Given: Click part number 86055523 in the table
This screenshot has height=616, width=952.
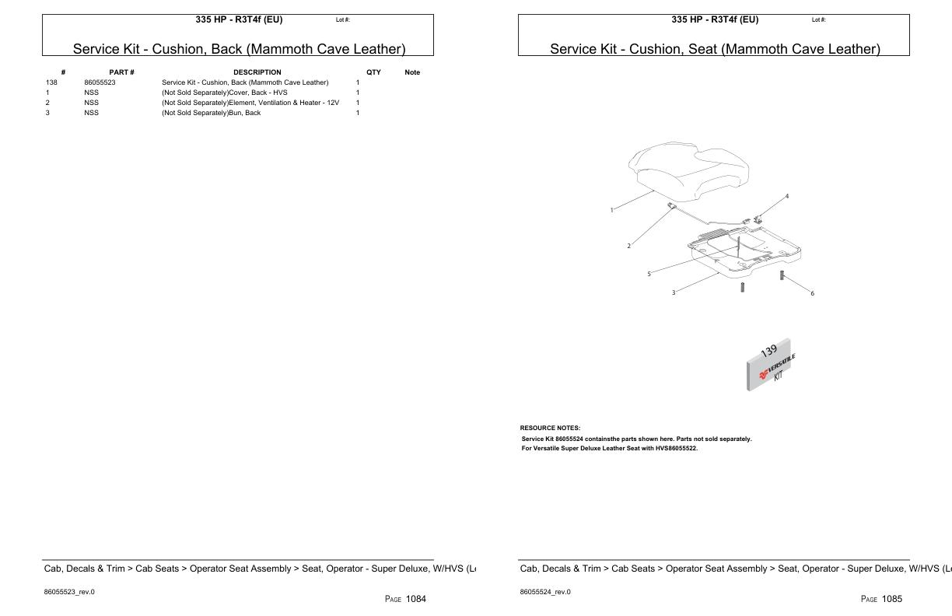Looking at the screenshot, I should tap(100, 82).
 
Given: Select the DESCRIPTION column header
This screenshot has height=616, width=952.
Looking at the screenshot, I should tap(257, 72).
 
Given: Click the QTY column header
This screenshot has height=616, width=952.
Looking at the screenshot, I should tap(373, 72).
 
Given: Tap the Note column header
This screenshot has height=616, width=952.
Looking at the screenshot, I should tap(412, 72).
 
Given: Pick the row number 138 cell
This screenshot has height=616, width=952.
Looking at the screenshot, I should tap(52, 82).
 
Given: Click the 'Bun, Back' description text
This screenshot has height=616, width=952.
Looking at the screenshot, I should tap(211, 113).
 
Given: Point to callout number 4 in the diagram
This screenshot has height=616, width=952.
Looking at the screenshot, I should tap(786, 196).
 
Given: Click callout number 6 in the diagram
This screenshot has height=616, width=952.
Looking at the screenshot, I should tap(812, 293).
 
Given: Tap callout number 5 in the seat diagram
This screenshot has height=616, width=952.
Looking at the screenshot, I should tap(649, 274).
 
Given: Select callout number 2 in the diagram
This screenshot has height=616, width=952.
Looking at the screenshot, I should tap(628, 246).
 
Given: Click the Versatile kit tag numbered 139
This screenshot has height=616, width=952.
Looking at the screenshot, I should tap(769, 364).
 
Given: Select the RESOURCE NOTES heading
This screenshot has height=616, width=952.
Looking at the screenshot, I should tap(550, 428).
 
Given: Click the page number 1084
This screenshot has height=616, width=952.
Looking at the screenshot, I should tap(415, 598).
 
